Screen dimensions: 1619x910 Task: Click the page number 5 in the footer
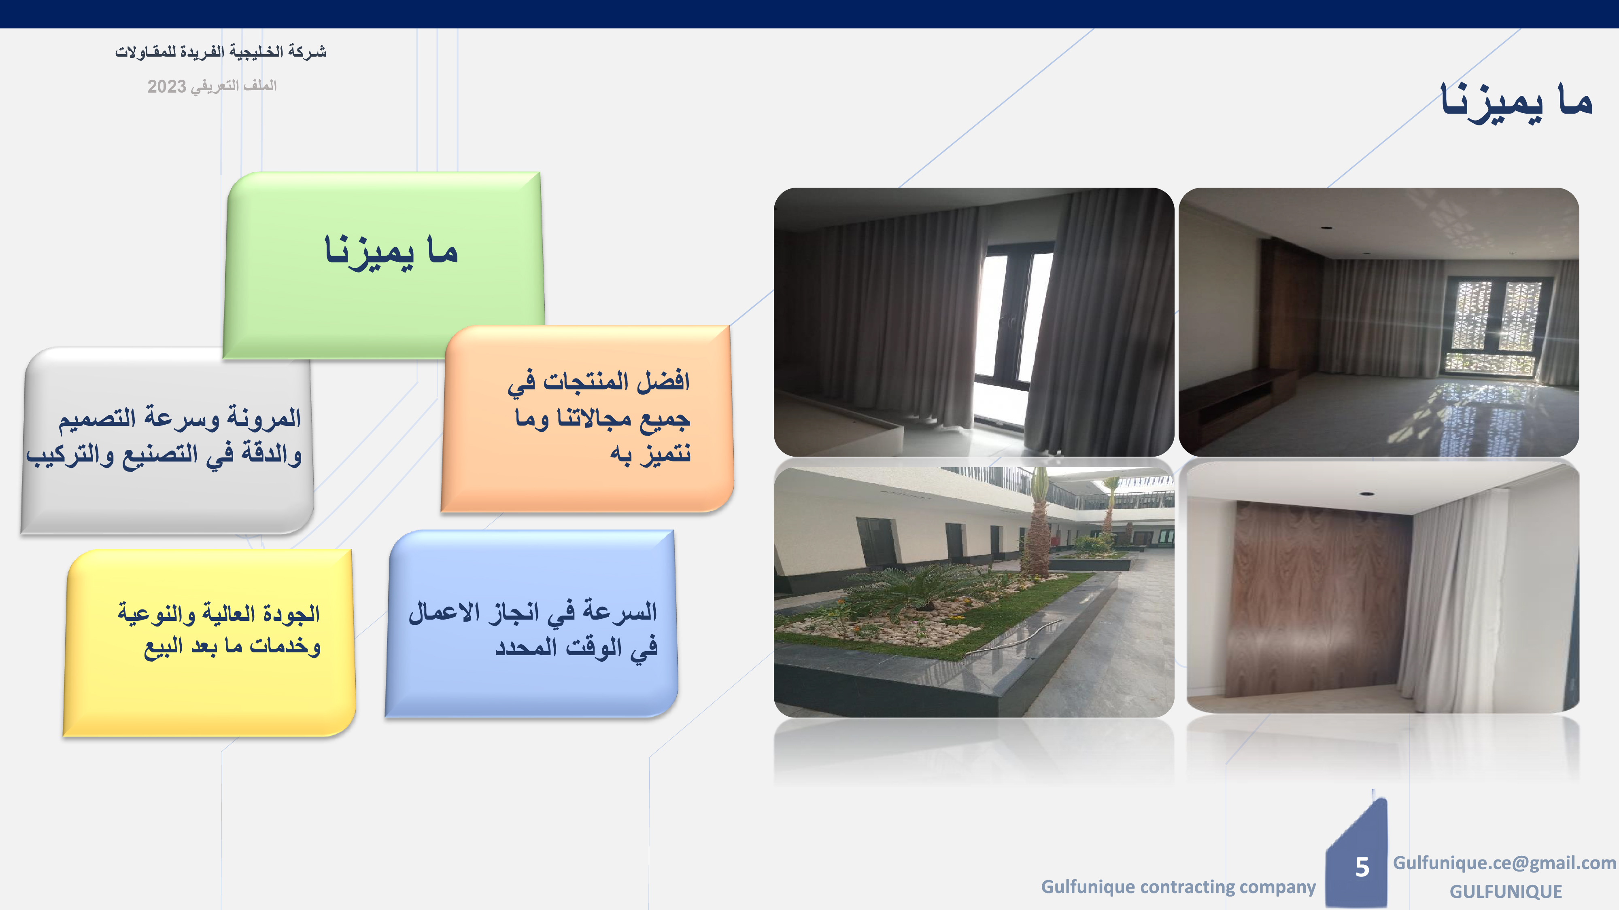coord(1362,867)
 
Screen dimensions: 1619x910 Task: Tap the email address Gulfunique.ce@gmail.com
coord(1504,863)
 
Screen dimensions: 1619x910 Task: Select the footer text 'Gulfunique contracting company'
coord(1178,887)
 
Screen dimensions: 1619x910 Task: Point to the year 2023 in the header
coord(166,87)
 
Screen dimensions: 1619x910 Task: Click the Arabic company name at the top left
coord(221,51)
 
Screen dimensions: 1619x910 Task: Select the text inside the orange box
coord(599,417)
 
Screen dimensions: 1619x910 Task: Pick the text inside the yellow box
coord(219,630)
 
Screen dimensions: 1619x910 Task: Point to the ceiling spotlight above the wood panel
coord(1365,494)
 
